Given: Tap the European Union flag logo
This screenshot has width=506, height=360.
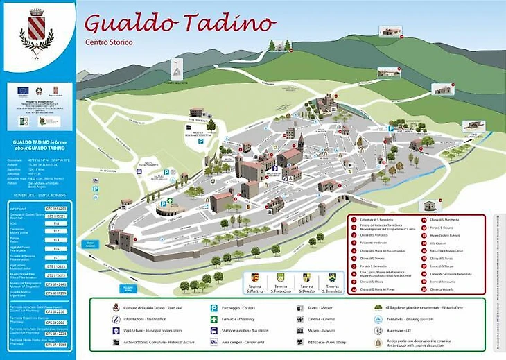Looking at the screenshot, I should pyautogui.click(x=24, y=89).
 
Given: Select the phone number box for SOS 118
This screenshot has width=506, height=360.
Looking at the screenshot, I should pyautogui.click(x=56, y=224).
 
